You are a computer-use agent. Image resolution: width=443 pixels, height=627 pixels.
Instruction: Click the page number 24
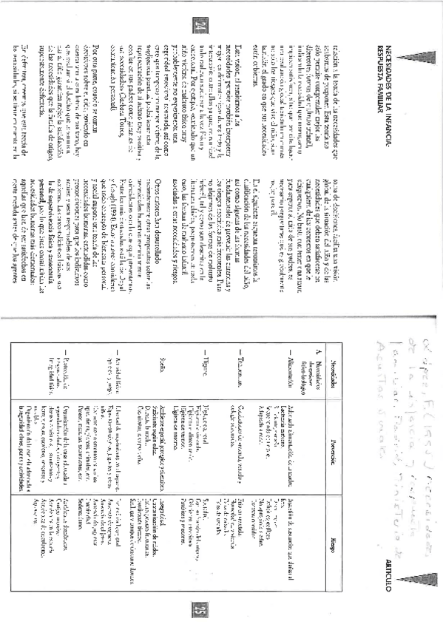coord(198,29)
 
